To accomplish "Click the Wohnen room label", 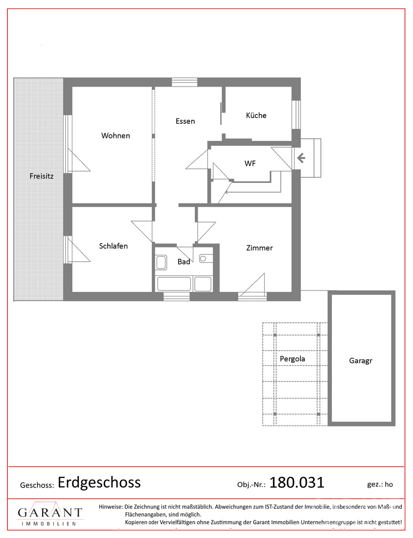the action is (x=115, y=135).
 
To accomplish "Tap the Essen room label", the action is (x=185, y=121).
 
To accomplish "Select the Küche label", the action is (x=256, y=115).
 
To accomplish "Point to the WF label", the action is (x=250, y=164).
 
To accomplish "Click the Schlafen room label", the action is (x=114, y=246).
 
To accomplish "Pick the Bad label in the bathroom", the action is (x=184, y=262).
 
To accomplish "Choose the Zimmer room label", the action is (x=259, y=248).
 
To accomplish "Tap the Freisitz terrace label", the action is (x=42, y=176).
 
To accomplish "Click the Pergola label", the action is (x=293, y=359).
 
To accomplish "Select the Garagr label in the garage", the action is (x=361, y=360).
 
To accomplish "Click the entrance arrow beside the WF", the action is (x=301, y=158).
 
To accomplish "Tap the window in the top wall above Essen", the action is (x=184, y=82).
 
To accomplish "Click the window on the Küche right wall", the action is (x=296, y=114).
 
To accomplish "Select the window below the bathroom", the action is (x=177, y=296).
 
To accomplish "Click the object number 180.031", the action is (x=297, y=483).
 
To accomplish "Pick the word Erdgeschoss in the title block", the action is (x=99, y=483).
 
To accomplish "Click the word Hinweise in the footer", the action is (x=111, y=506).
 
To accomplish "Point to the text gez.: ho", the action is (x=380, y=485).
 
